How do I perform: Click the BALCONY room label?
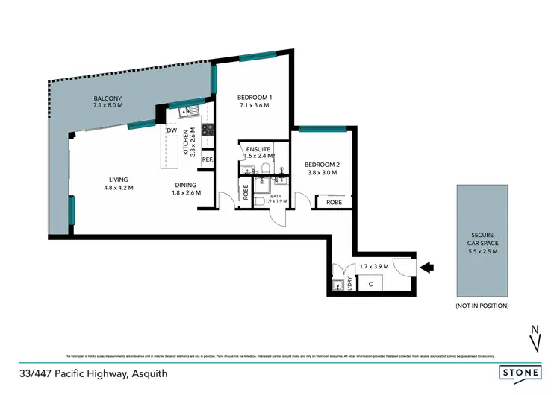[108, 99]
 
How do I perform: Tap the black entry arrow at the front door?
[429, 265]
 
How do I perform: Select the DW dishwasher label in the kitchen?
[172, 130]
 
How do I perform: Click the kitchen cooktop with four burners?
[208, 132]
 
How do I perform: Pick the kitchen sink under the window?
[186, 112]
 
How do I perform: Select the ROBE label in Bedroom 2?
[334, 202]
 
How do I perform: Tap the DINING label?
[185, 185]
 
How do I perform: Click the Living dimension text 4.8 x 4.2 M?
[120, 188]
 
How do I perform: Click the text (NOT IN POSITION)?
[482, 306]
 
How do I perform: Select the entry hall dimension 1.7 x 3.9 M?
[373, 266]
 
